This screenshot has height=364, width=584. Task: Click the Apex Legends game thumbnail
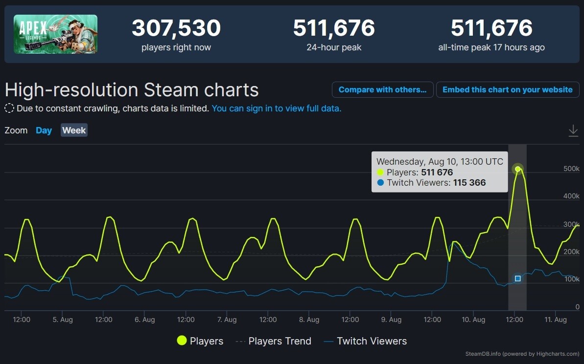click(55, 34)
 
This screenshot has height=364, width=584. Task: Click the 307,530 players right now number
click(176, 28)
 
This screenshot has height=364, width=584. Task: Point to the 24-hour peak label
click(334, 47)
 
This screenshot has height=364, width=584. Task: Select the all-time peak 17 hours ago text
click(491, 47)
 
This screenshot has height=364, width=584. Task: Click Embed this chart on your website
click(507, 90)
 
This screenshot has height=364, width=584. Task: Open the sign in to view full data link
click(277, 108)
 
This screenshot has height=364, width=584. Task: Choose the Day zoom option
click(44, 130)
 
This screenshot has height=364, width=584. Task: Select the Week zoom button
click(74, 130)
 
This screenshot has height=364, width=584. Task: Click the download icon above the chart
click(573, 131)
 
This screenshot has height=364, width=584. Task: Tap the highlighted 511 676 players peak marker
click(517, 169)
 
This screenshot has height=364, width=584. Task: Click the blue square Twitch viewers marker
click(517, 278)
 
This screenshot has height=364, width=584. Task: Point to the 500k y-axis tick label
click(571, 169)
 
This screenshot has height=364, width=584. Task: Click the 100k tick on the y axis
click(571, 279)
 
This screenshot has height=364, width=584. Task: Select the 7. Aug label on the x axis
click(227, 320)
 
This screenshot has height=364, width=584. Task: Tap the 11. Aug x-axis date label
click(556, 320)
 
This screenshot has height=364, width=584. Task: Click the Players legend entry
click(200, 341)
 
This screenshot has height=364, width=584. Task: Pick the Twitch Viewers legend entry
click(366, 341)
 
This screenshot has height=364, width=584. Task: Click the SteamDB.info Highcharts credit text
click(522, 354)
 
